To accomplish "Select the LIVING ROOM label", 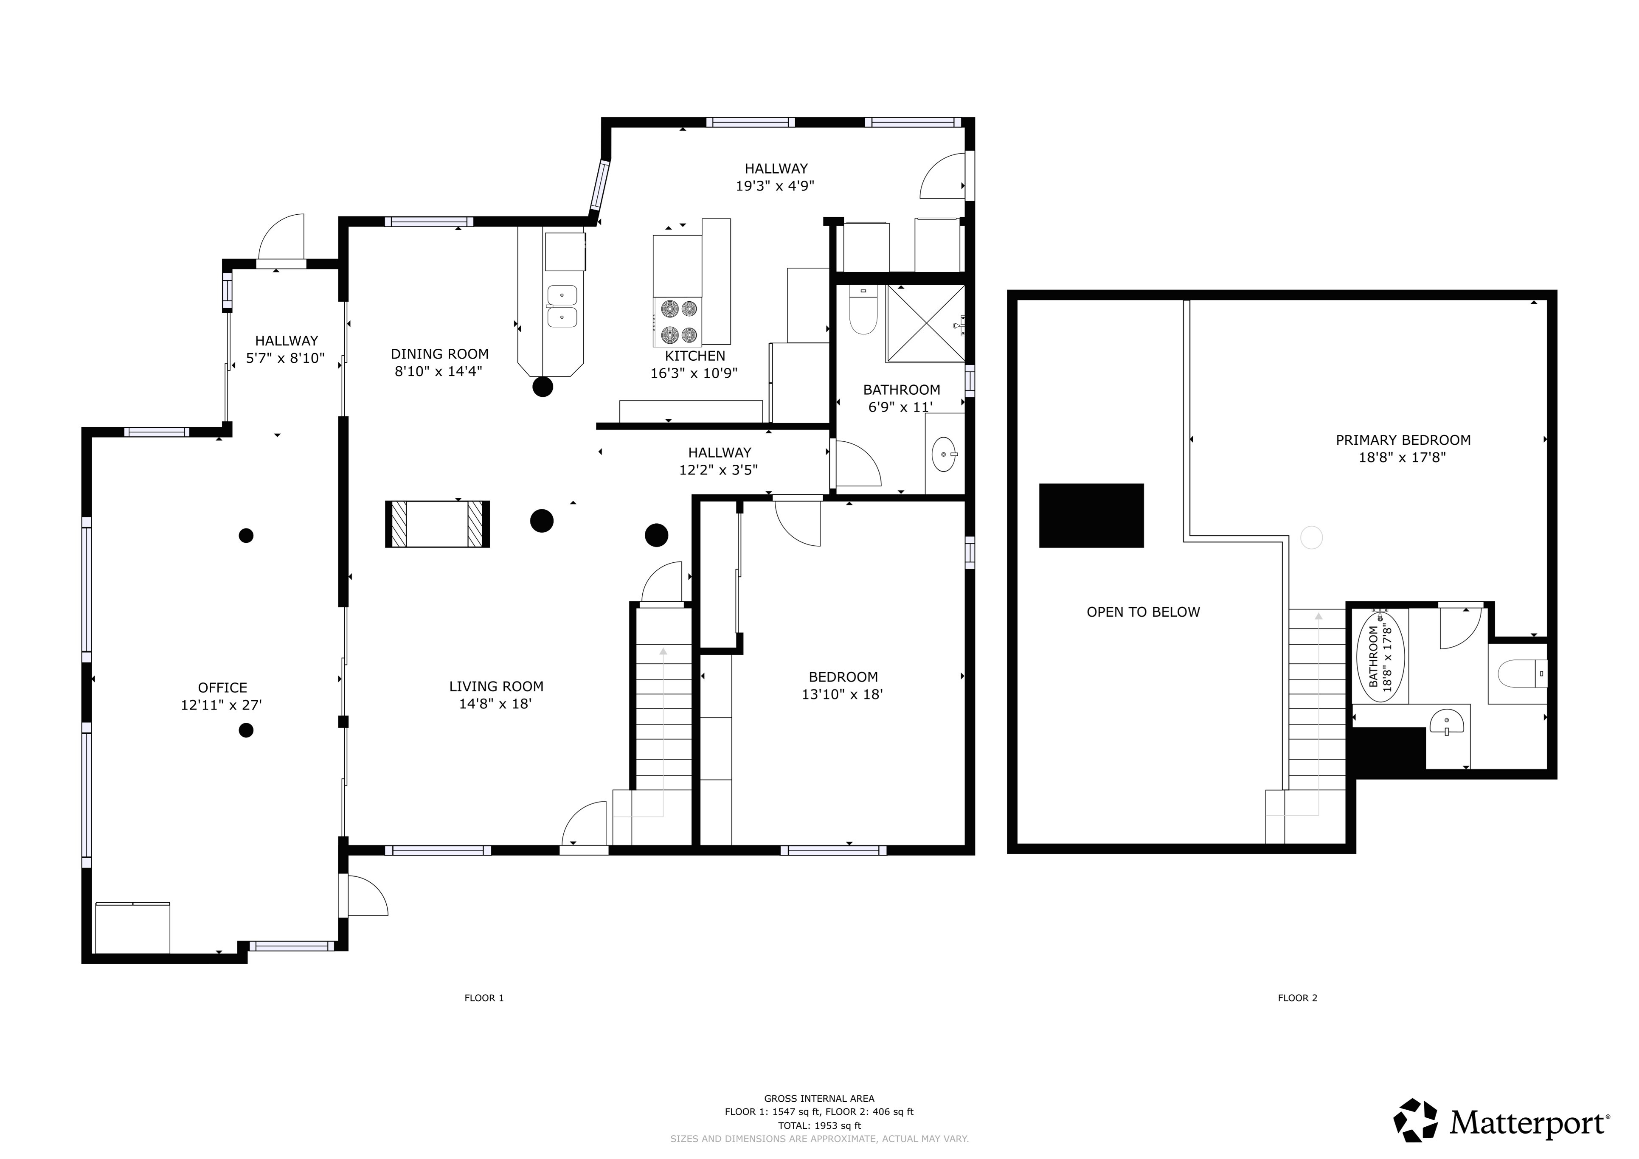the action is (x=496, y=687).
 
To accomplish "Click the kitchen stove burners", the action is (x=678, y=321).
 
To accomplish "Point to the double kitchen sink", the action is (x=562, y=306).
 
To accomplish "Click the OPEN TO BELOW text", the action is (x=1143, y=612).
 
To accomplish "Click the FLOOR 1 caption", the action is (x=484, y=998).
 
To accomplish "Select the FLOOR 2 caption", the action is (x=1297, y=998).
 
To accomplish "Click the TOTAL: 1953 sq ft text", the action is (x=819, y=1125).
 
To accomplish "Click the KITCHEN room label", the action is (x=695, y=355).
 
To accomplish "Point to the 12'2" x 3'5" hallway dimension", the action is (x=718, y=470).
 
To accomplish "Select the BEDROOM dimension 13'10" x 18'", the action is (x=842, y=694).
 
